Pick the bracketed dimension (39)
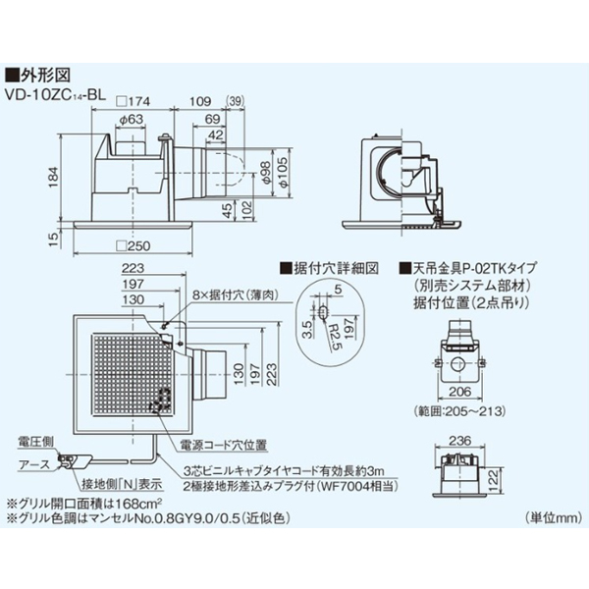(236, 101)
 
